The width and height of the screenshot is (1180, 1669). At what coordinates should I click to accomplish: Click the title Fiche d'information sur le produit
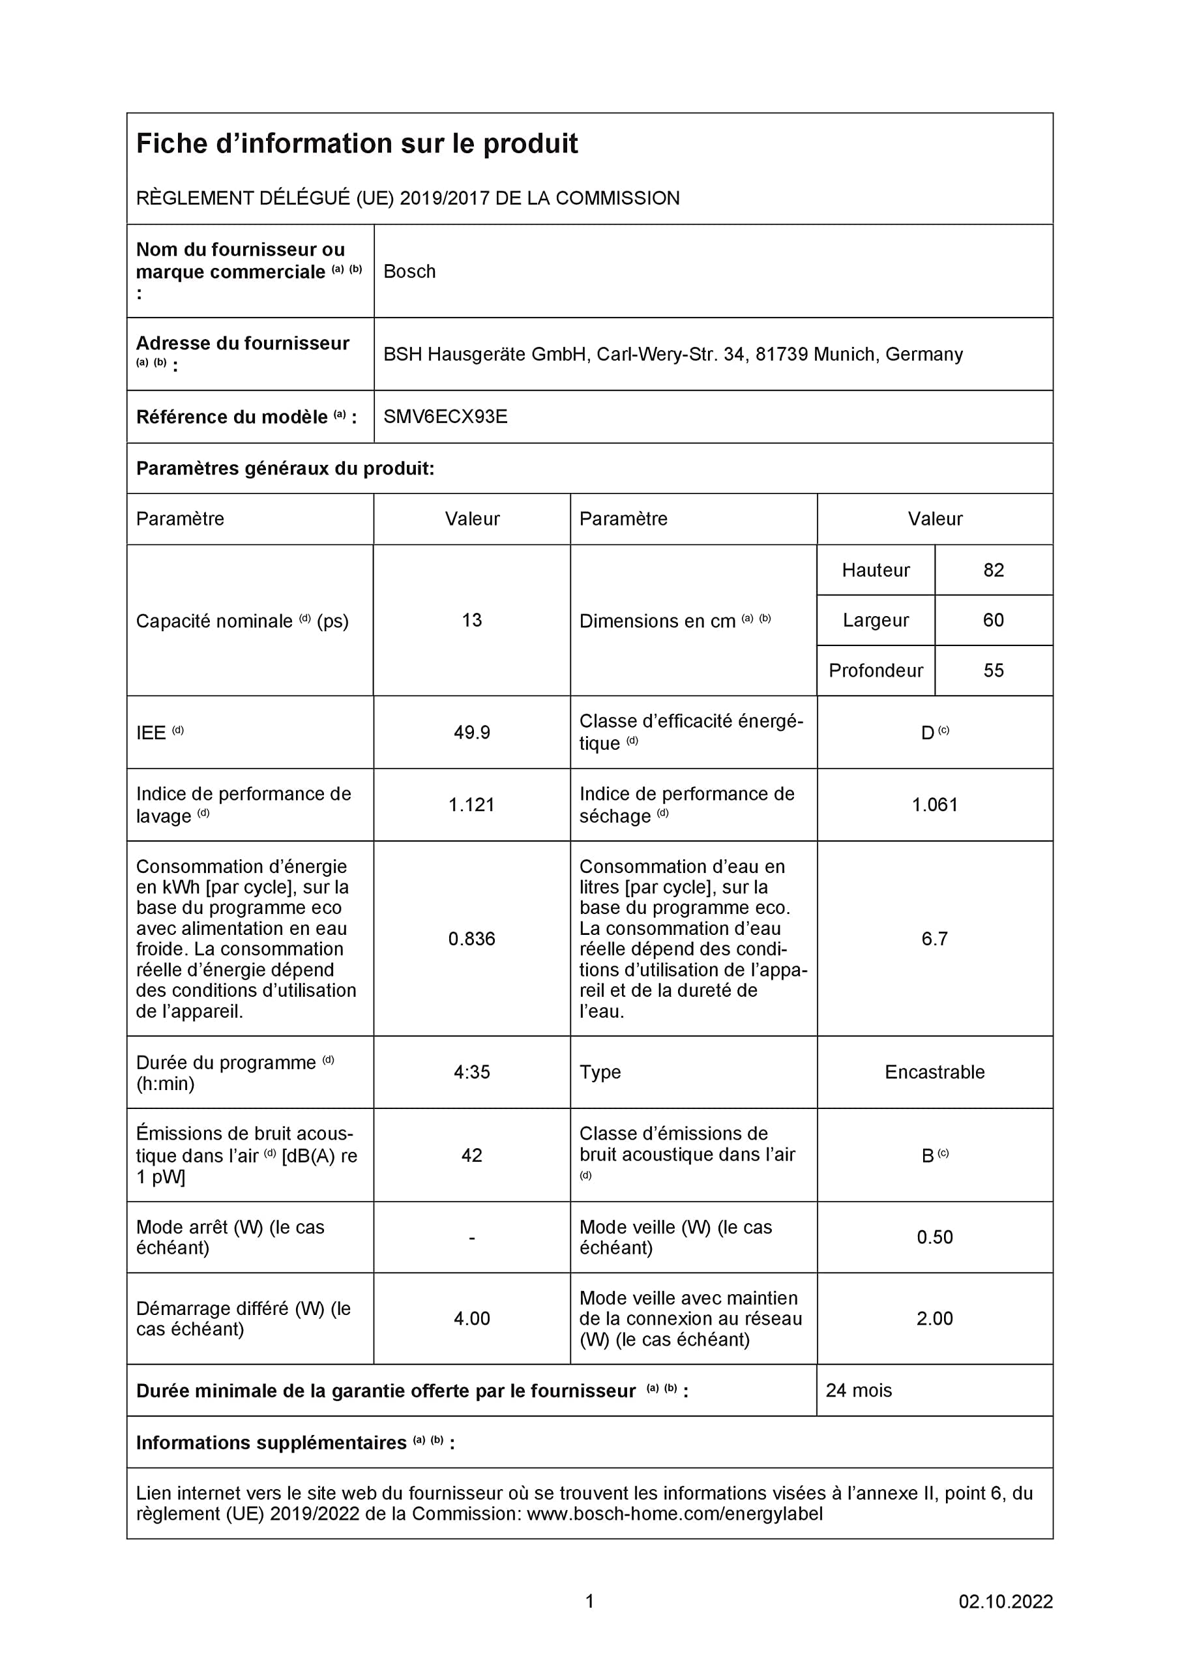(x=357, y=144)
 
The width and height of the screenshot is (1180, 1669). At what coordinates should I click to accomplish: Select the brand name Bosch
(x=409, y=271)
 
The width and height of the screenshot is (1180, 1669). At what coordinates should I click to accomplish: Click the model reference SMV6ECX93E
(x=445, y=417)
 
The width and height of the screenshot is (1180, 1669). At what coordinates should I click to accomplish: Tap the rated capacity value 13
(x=472, y=620)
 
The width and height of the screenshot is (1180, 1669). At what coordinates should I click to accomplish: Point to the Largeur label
(x=876, y=620)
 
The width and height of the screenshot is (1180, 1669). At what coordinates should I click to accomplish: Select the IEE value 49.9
(x=472, y=732)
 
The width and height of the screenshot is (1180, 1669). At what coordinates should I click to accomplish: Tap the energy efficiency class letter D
(x=927, y=733)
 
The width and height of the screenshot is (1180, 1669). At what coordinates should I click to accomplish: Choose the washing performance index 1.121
(x=472, y=805)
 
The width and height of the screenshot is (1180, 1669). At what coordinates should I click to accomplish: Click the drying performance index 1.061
(x=935, y=805)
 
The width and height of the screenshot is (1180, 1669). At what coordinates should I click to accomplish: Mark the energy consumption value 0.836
(x=472, y=938)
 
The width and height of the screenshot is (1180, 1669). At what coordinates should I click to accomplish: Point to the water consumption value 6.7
(x=935, y=938)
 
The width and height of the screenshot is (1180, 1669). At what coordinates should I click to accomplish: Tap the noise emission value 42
(x=472, y=1155)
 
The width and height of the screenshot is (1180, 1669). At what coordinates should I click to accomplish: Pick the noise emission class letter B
(x=928, y=1156)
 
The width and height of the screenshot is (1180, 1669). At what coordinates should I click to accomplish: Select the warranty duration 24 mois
(x=859, y=1391)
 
